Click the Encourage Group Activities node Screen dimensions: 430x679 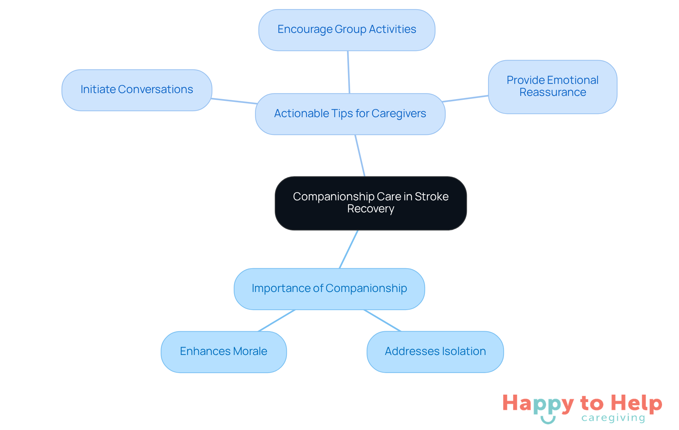click(x=347, y=30)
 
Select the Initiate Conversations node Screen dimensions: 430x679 click(x=137, y=90)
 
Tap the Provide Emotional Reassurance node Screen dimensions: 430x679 click(x=552, y=87)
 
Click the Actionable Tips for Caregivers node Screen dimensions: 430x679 click(x=350, y=114)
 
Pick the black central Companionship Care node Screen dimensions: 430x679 click(x=371, y=203)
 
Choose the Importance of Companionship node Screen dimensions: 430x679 click(x=329, y=289)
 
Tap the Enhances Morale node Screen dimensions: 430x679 click(x=224, y=351)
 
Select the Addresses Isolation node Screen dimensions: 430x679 click(x=435, y=351)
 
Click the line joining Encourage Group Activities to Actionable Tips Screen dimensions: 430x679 click(x=349, y=72)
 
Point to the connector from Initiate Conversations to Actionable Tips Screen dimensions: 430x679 click(x=234, y=101)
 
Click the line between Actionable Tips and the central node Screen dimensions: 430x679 click(x=360, y=155)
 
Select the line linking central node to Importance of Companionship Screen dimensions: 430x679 click(x=349, y=249)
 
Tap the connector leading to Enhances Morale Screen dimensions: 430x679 click(x=277, y=320)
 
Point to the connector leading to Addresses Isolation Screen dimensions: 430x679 click(x=383, y=320)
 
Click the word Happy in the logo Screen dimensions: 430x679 click(x=538, y=403)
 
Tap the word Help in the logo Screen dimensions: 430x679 click(x=636, y=403)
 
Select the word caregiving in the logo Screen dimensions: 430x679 click(x=613, y=418)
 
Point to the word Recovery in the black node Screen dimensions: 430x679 click(x=371, y=209)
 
